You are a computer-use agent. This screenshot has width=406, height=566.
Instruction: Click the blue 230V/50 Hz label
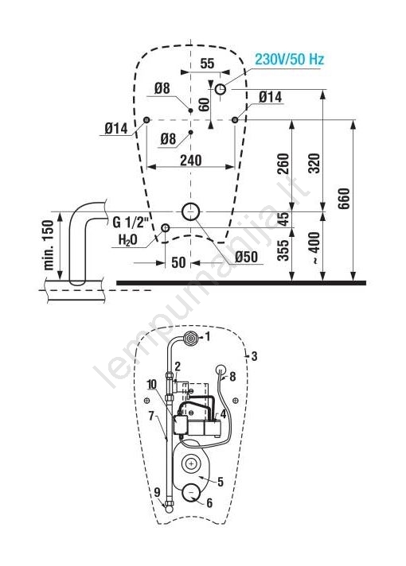pos(289,59)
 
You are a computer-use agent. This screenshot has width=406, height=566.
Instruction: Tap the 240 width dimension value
pos(190,160)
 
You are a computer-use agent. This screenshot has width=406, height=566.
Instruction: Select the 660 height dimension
pos(344,198)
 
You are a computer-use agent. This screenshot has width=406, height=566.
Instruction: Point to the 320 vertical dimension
pos(314,164)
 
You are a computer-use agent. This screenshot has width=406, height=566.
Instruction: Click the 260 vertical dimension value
pos(283,164)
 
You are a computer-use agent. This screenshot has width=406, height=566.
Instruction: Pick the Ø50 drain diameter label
pos(246,257)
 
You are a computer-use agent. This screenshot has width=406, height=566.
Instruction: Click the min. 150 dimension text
pos(49,245)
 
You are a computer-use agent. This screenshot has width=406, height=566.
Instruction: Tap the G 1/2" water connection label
pos(131,223)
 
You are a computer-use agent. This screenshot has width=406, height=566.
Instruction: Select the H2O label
pos(128,239)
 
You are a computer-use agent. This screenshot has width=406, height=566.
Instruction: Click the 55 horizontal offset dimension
pos(207,64)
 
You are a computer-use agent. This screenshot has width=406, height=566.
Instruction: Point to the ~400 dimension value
pos(314,248)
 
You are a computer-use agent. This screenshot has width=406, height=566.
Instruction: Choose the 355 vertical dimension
pos(283,250)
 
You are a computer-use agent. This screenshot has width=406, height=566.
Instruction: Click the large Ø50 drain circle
pos(191,211)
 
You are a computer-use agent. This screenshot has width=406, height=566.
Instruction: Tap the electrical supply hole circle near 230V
pos(221,89)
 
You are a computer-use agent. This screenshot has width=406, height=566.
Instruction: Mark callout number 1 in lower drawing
pos(207,337)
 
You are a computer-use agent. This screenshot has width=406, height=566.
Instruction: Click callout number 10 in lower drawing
pos(152,384)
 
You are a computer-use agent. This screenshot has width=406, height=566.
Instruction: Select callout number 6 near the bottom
pos(209,503)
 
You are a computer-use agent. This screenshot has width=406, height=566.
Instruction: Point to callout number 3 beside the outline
pos(254,356)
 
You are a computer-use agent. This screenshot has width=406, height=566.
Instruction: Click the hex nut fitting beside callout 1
pos(190,338)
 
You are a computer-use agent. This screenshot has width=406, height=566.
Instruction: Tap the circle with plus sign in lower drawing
pos(191,463)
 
